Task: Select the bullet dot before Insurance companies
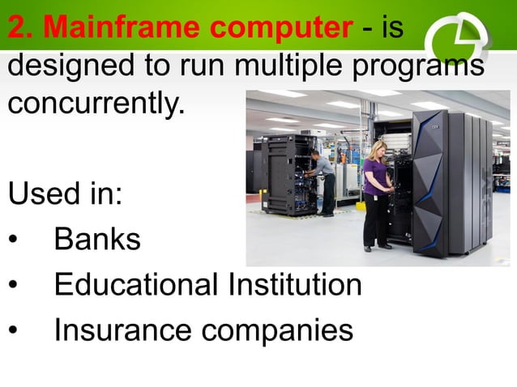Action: (x=12, y=331)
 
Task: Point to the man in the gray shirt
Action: (x=323, y=180)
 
